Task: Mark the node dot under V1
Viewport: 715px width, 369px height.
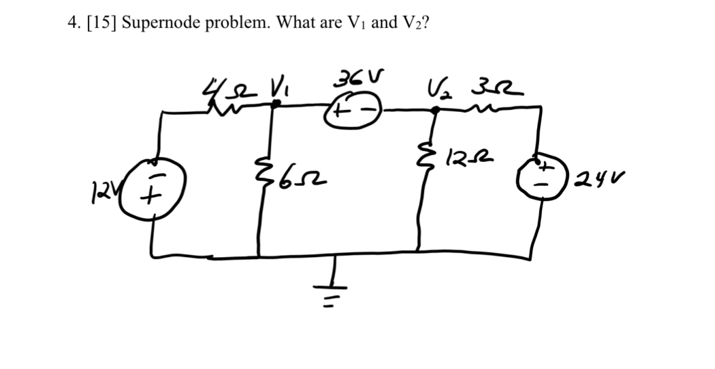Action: click(x=276, y=105)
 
